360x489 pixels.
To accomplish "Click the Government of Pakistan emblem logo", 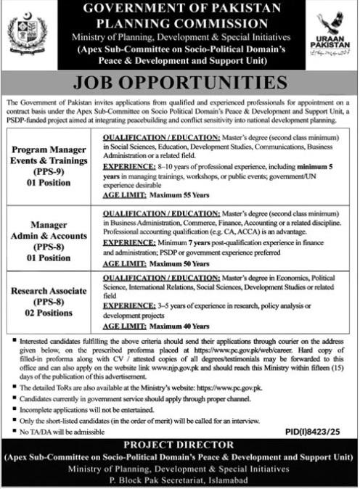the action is point(27,34).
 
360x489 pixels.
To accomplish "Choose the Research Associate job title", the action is point(50,291).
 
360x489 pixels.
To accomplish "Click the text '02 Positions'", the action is point(50,314).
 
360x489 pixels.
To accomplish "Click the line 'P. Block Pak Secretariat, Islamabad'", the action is point(179,480).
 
